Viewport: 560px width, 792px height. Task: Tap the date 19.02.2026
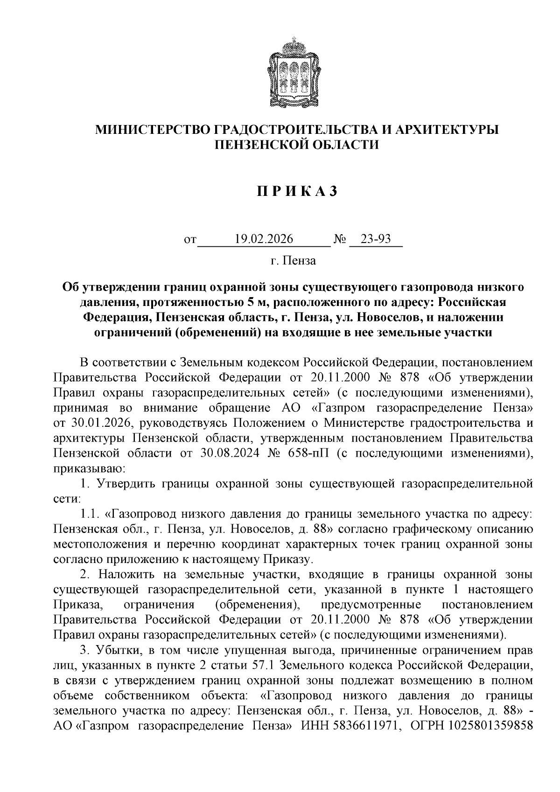(264, 239)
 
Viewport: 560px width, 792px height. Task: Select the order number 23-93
(376, 239)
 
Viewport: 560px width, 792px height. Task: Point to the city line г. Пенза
(293, 261)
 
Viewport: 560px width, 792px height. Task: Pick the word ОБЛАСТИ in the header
(348, 145)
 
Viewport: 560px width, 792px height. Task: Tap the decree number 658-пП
(309, 453)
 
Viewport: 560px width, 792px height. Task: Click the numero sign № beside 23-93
(340, 240)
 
